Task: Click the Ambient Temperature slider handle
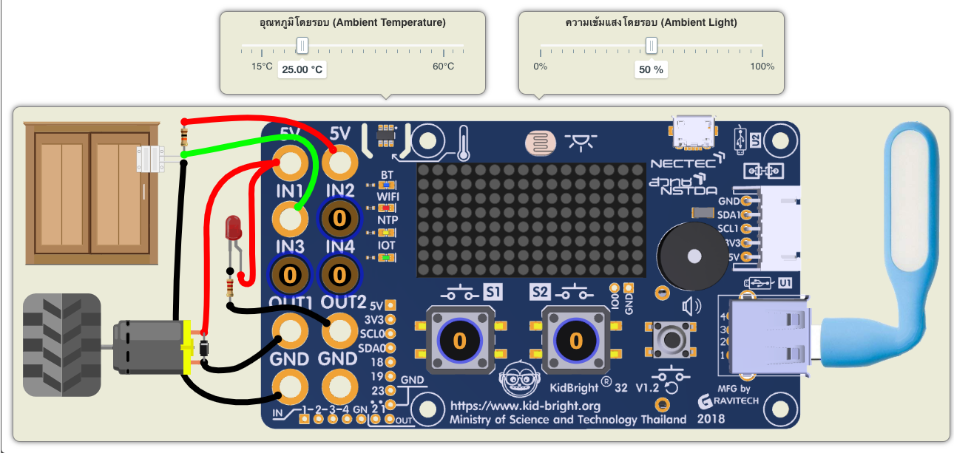tap(302, 46)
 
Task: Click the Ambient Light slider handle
tap(651, 46)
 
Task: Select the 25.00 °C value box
tap(302, 69)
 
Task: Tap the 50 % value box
tap(651, 69)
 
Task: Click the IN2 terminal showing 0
tap(339, 218)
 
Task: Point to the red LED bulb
tap(234, 228)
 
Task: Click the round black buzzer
tap(689, 256)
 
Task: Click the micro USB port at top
tap(694, 131)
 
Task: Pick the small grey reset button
tap(673, 339)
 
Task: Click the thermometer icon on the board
tap(464, 142)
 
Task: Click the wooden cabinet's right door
tap(119, 194)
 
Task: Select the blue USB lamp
tap(910, 222)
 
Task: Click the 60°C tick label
tap(443, 67)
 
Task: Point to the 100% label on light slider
tap(762, 67)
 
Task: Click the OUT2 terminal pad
tap(339, 331)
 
